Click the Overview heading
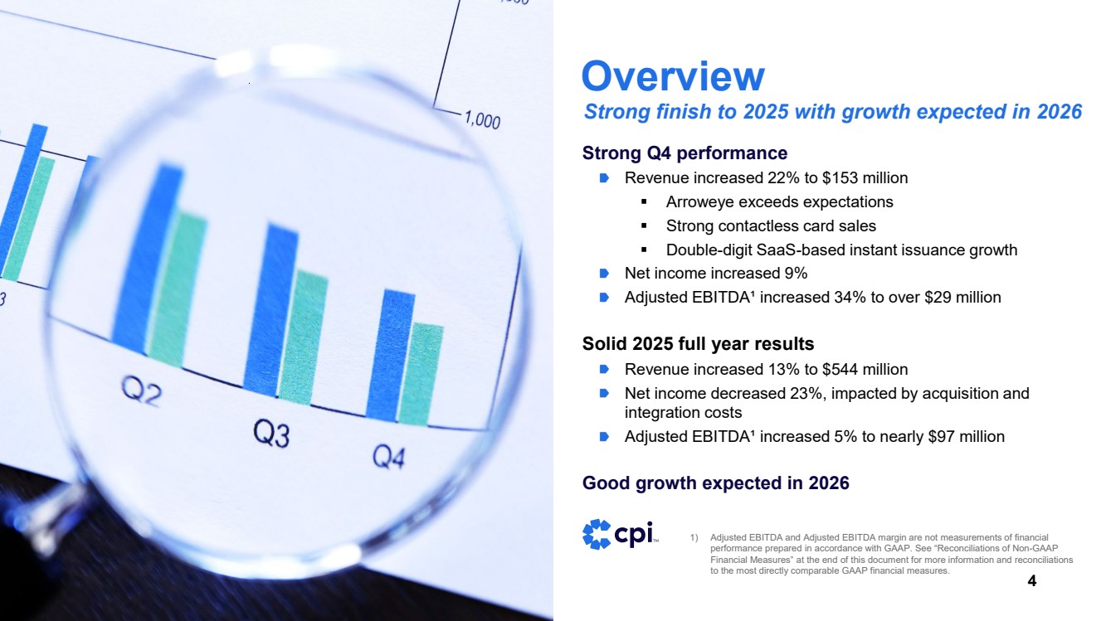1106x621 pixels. pos(673,76)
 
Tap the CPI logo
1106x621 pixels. pos(619,534)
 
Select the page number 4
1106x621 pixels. pos(1031,581)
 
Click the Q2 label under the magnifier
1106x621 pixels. pos(142,391)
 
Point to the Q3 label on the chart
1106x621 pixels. pos(271,434)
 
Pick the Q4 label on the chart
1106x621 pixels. pos(388,456)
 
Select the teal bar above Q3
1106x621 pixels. pos(302,336)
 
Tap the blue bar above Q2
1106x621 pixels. pos(148,257)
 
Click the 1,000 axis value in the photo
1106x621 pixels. pos(482,121)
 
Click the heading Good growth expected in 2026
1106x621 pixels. pos(715,483)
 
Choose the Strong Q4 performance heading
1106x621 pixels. pos(685,153)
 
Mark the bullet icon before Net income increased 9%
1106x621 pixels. pos(605,274)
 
